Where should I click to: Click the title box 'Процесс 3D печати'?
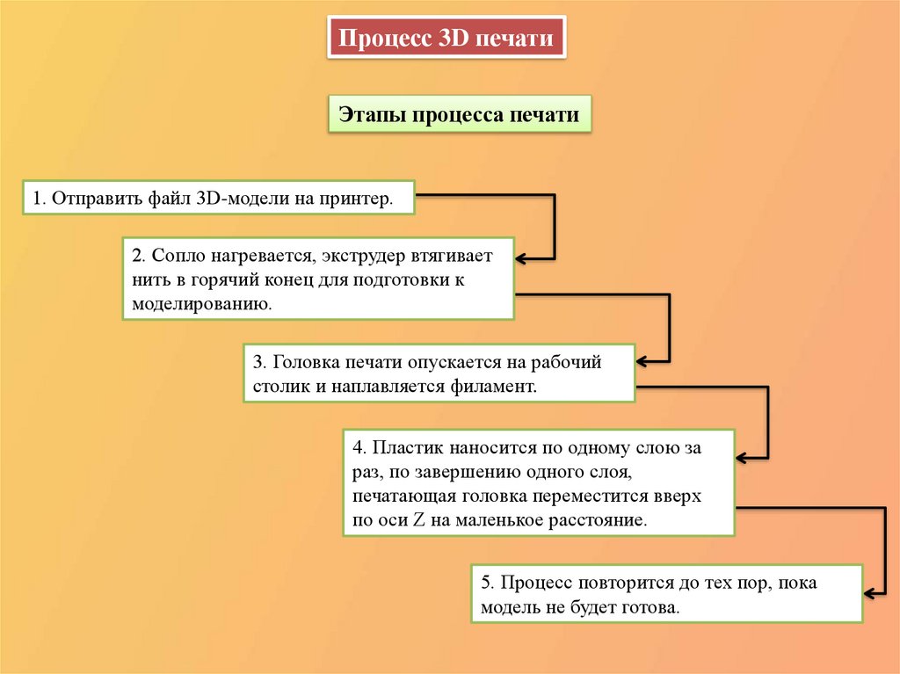[446, 40]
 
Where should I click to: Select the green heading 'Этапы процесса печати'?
[460, 115]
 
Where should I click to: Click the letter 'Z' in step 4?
[419, 519]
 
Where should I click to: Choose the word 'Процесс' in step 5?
[533, 583]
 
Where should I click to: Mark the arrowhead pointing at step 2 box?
[520, 259]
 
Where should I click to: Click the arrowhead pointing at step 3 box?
[641, 360]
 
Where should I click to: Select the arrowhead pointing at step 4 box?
[741, 458]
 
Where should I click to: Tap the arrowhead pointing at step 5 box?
[869, 593]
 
